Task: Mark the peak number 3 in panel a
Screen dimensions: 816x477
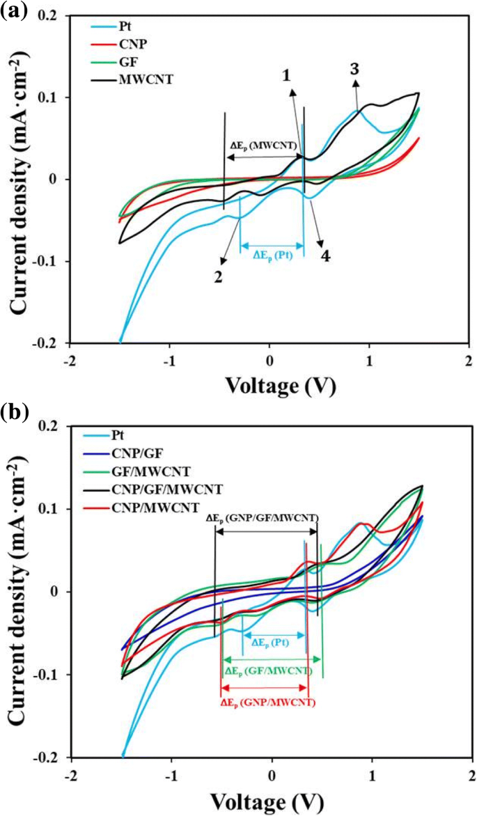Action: (354, 68)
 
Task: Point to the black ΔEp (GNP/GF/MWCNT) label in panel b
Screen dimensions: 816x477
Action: (262, 518)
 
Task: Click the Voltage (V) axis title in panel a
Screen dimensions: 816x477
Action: (270, 384)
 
